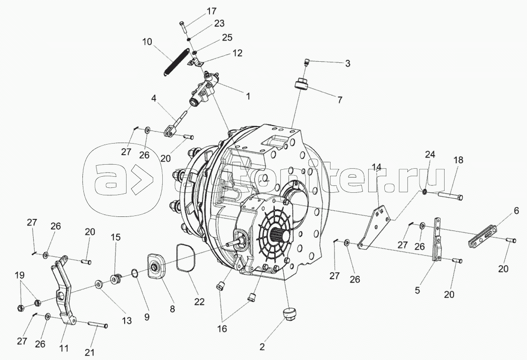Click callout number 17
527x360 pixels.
point(212,11)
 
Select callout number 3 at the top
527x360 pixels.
point(348,63)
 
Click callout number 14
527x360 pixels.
point(377,167)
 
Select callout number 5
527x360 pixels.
point(417,290)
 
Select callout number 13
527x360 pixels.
point(127,321)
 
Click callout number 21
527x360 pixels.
point(90,352)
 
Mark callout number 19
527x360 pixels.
point(20,275)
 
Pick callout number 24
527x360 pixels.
point(430,155)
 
